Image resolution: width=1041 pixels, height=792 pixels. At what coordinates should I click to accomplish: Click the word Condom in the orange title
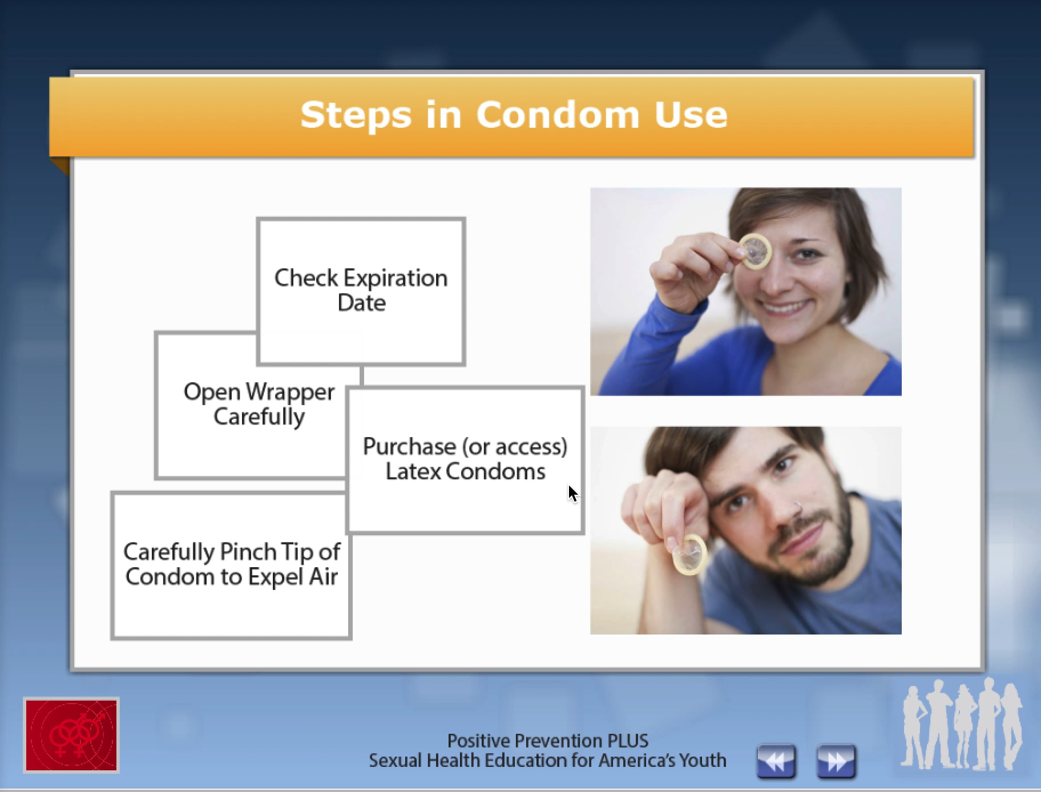(x=558, y=115)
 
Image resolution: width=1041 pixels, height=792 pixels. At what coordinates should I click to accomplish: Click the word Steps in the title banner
(x=355, y=115)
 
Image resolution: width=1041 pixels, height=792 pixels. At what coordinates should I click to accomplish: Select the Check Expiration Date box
(x=361, y=290)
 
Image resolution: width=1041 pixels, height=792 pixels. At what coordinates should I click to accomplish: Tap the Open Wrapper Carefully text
(x=259, y=403)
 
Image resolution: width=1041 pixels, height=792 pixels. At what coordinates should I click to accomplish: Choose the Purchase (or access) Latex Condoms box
(x=465, y=459)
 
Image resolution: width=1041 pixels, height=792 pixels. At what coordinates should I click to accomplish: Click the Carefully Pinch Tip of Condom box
(x=231, y=564)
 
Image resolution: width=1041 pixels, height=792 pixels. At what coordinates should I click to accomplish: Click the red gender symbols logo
(x=71, y=735)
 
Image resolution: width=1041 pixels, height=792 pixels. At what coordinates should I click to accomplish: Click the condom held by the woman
(x=756, y=251)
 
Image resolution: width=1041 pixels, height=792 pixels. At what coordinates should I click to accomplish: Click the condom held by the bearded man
(x=689, y=554)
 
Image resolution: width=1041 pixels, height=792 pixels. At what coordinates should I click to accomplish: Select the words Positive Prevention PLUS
(x=547, y=741)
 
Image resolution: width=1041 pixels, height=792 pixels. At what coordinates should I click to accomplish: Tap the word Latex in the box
(x=413, y=472)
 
